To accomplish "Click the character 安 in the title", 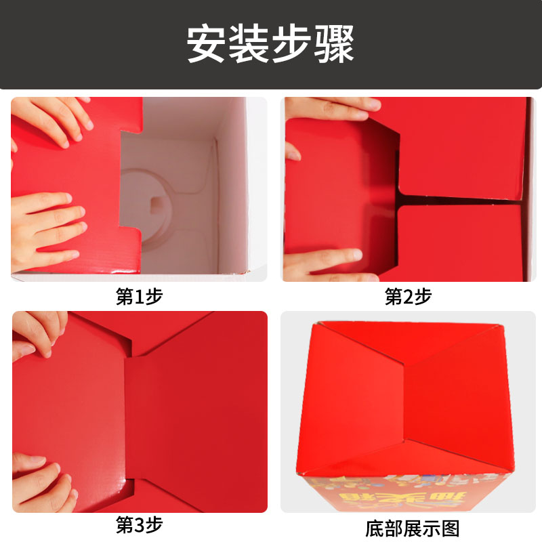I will pyautogui.click(x=208, y=44).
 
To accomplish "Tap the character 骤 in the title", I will pyautogui.click(x=333, y=44).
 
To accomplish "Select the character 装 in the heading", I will pyautogui.click(x=250, y=44).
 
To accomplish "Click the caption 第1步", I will pyautogui.click(x=139, y=296).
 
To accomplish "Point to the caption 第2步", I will pyautogui.click(x=408, y=296).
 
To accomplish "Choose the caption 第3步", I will pyautogui.click(x=139, y=524).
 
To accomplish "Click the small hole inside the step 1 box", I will pyautogui.click(x=157, y=203).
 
